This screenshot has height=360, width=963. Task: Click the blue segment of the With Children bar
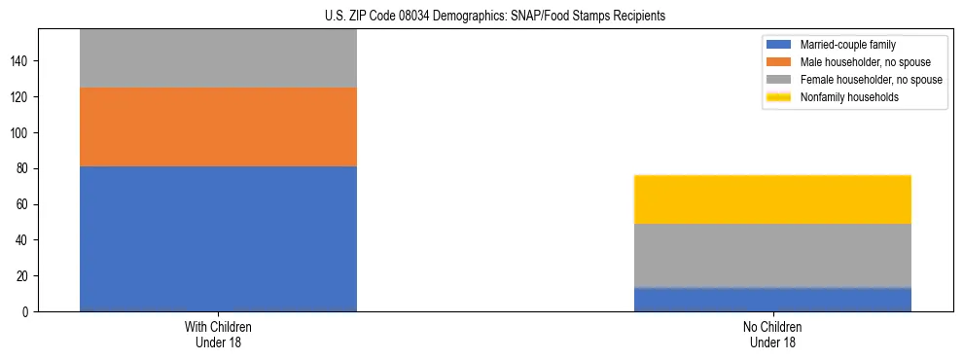coord(218,238)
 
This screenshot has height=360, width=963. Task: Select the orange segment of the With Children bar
coord(218,126)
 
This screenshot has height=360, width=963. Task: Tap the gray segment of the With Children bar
coord(218,58)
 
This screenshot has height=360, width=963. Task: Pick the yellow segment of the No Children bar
coord(772,199)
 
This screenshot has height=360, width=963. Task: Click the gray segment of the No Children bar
coord(772,255)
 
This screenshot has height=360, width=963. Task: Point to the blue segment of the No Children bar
coord(772,300)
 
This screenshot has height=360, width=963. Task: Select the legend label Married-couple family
coord(848,45)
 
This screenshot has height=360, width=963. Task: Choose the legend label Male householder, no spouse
coord(865,62)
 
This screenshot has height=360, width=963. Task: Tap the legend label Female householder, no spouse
coord(871,80)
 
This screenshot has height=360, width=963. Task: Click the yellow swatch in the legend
coord(779,97)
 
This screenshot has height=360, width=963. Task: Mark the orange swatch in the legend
coord(779,62)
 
